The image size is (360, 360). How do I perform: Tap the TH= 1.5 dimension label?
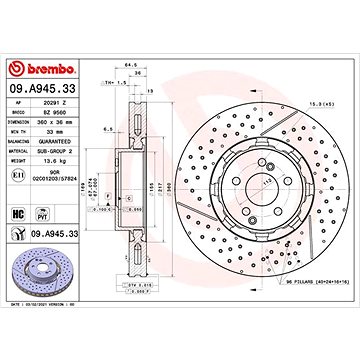(x=115, y=85)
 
